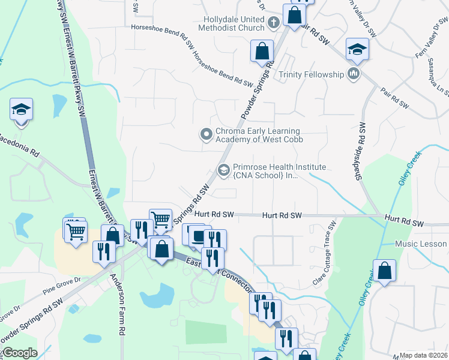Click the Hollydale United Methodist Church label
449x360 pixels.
pyautogui.click(x=234, y=23)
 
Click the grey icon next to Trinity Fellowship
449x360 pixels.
pyautogui.click(x=354, y=74)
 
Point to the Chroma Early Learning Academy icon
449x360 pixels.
pyautogui.click(x=206, y=134)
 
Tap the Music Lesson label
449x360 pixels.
pyautogui.click(x=421, y=244)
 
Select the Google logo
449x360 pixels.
pyautogui.click(x=19, y=353)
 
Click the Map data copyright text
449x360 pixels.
pyautogui.click(x=424, y=355)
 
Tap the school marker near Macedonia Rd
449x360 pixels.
pyautogui.click(x=21, y=110)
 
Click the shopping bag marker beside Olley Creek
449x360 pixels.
pyautogui.click(x=384, y=271)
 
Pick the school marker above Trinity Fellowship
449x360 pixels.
pyautogui.click(x=357, y=50)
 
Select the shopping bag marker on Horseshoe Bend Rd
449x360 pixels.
pyautogui.click(x=262, y=51)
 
